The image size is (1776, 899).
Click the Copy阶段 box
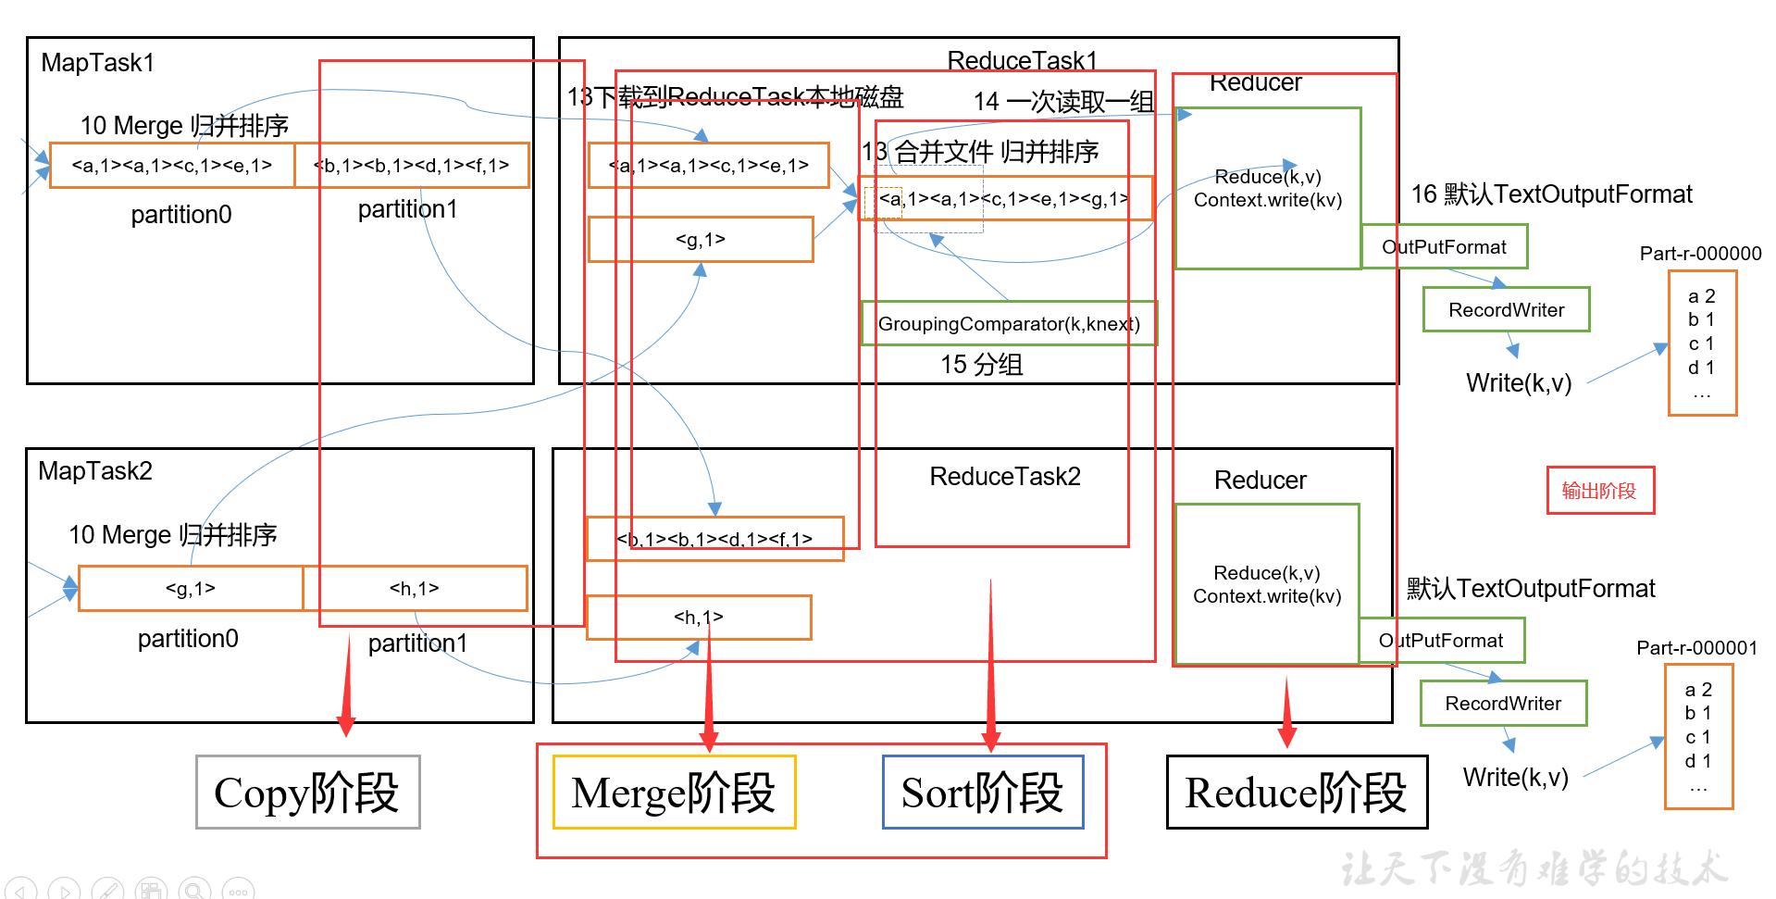pos(307,793)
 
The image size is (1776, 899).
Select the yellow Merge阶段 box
pos(674,793)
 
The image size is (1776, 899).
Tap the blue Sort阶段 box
pos(983,793)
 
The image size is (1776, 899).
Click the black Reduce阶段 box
pos(1296,793)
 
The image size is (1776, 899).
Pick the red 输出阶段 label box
pos(1599,491)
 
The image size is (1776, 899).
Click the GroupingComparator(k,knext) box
pos(1009,324)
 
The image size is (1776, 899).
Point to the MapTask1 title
pos(98,63)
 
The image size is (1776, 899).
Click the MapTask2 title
pos(95,471)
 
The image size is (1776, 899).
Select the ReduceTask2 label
pos(1005,477)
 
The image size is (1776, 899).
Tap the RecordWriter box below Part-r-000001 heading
pos(1503,704)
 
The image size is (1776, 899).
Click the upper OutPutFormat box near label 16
pos(1444,247)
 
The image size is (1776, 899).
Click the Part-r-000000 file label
pos(1700,254)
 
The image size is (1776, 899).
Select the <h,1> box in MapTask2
pos(415,589)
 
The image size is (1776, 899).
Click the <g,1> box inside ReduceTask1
pos(701,240)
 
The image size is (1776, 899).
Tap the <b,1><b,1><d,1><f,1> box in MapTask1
pos(412,166)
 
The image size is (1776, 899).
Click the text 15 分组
pos(981,365)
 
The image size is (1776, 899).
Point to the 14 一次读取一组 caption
pos(1063,102)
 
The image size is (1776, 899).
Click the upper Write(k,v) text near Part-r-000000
pos(1519,383)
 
